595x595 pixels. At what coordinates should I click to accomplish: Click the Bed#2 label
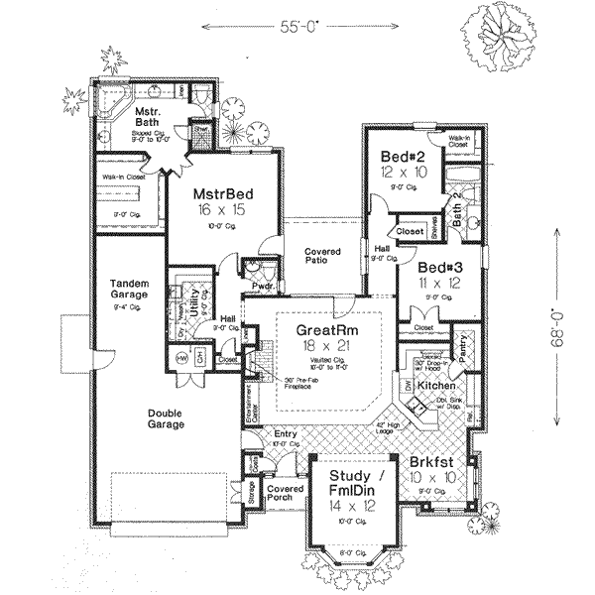point(404,157)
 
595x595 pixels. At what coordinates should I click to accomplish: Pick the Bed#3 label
point(437,269)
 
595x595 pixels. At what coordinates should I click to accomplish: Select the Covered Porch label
point(285,496)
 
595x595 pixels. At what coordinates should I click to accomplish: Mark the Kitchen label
point(434,384)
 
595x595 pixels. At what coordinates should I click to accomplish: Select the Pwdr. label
point(263,286)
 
